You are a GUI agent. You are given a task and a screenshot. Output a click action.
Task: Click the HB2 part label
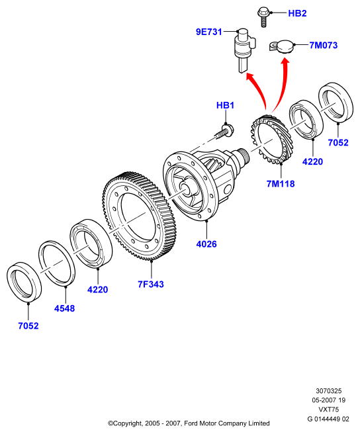pos(297,13)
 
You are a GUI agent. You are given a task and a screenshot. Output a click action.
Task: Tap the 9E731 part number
pos(209,32)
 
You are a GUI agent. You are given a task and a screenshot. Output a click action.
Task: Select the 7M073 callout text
pos(324,45)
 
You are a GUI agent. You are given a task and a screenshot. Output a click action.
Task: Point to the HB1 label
pos(225,105)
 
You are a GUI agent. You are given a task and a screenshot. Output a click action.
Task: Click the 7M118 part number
pos(281,183)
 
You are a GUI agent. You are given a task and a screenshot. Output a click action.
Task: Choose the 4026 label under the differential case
pos(206,244)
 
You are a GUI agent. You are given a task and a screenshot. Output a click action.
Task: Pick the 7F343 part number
pos(151,284)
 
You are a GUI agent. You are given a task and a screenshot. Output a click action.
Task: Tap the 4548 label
pos(65,308)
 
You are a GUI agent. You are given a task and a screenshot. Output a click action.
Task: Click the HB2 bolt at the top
pos(263,17)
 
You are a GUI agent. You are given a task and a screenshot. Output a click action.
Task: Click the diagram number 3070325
pos(329,391)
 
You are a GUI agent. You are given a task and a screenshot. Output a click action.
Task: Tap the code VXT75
pos(329,409)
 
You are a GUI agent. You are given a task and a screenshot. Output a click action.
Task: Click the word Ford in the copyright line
pos(191,423)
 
